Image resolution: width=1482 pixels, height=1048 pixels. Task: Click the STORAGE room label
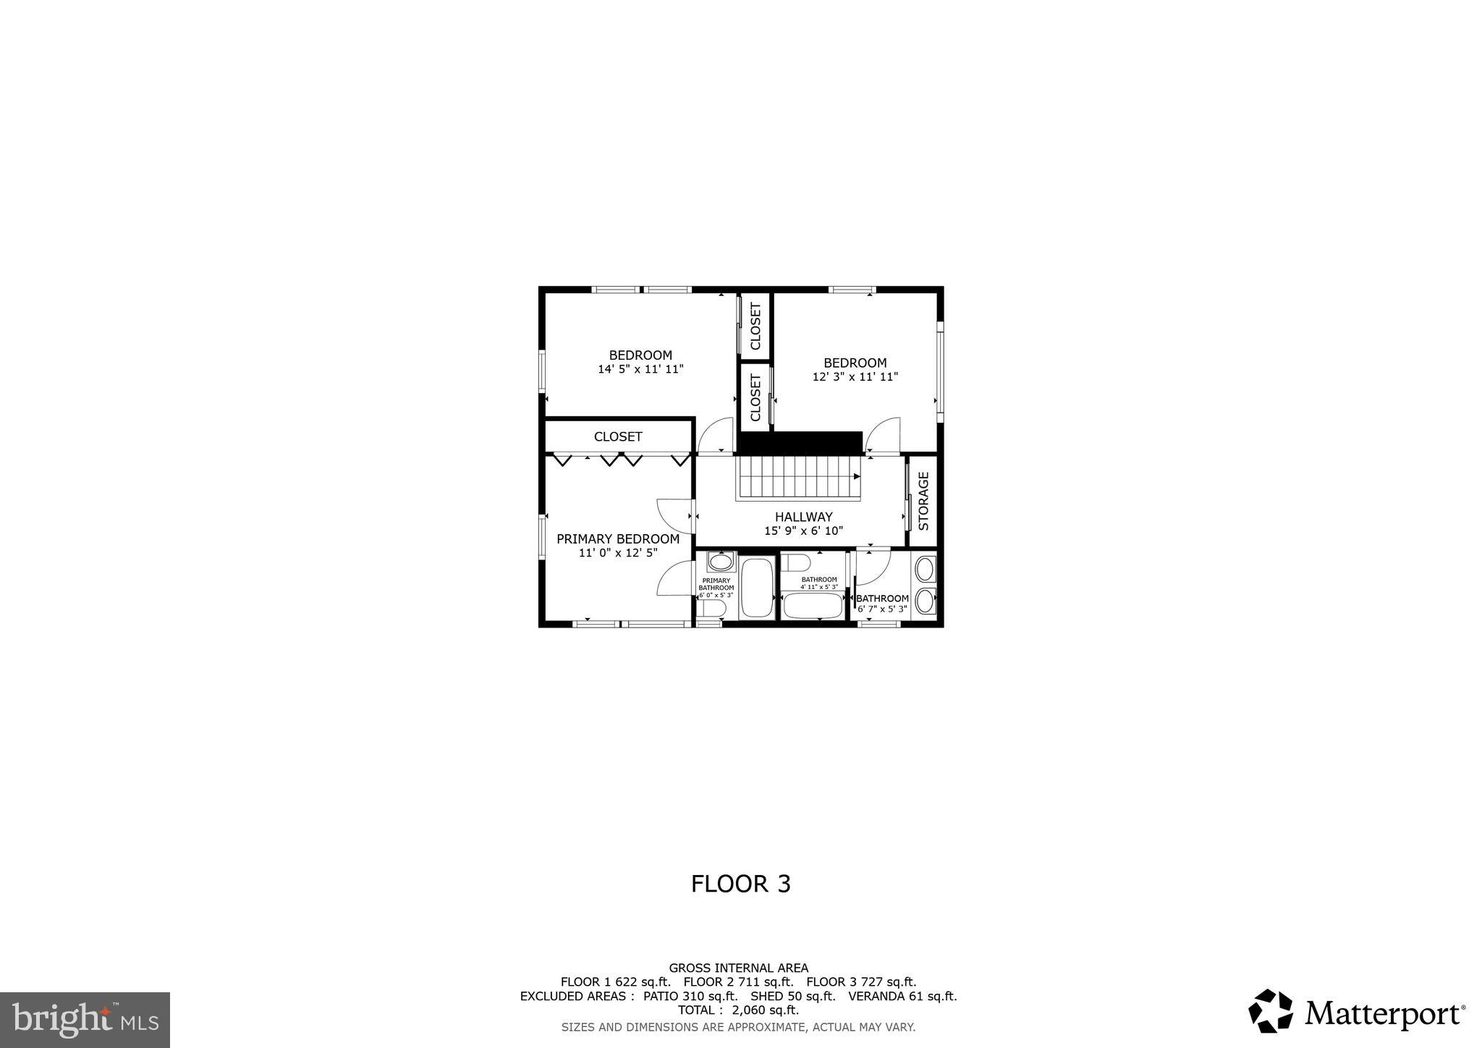[x=923, y=501]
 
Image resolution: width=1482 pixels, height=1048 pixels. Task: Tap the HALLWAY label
[x=803, y=517]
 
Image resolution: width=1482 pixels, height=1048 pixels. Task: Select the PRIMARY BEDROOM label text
[x=617, y=539]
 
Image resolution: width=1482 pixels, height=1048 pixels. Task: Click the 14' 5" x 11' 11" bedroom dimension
[x=640, y=369]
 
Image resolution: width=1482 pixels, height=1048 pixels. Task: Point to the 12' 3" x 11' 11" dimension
[x=855, y=377]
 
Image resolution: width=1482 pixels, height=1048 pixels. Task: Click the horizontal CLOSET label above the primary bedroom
[x=618, y=436]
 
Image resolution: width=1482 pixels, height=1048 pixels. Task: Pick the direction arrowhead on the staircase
[x=857, y=477]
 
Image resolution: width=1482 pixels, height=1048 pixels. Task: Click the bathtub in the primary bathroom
[x=757, y=587]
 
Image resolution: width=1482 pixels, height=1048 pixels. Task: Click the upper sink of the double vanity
[x=925, y=569]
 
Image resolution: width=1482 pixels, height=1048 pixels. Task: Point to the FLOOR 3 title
[x=740, y=884]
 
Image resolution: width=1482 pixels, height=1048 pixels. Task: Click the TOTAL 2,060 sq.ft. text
[x=738, y=1010]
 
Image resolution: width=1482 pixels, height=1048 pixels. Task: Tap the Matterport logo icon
[x=1270, y=1010]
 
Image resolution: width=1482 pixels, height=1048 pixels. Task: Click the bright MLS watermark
[x=85, y=1020]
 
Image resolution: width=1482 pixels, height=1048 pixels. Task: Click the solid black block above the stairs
[x=800, y=442]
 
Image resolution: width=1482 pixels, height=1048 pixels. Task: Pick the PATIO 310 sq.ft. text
[x=690, y=996]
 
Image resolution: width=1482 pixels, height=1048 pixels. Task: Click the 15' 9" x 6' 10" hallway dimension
[x=803, y=531]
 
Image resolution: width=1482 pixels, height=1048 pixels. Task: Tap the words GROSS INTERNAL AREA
[x=738, y=968]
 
